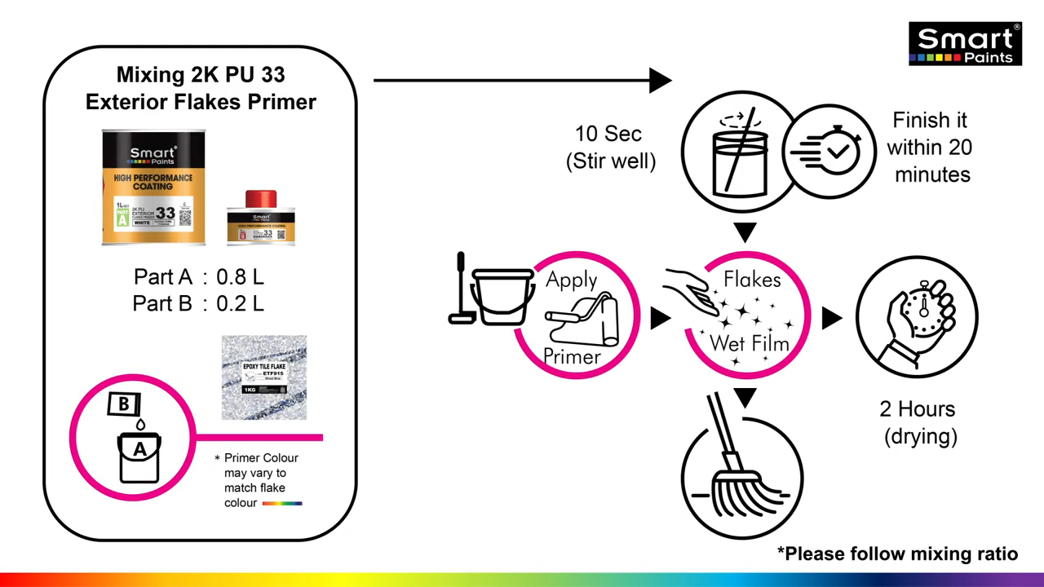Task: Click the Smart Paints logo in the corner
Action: click(965, 44)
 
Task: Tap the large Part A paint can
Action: click(153, 188)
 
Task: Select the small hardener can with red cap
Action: click(261, 218)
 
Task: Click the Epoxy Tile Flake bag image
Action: click(264, 377)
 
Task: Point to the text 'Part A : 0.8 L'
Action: click(198, 277)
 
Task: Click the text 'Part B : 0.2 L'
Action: click(198, 304)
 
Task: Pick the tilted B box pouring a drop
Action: click(125, 404)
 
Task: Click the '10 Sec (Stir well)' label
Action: click(609, 148)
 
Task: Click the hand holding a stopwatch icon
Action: click(917, 317)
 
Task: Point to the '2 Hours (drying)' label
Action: click(919, 422)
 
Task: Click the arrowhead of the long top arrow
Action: click(660, 81)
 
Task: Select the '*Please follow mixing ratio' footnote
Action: click(897, 554)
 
